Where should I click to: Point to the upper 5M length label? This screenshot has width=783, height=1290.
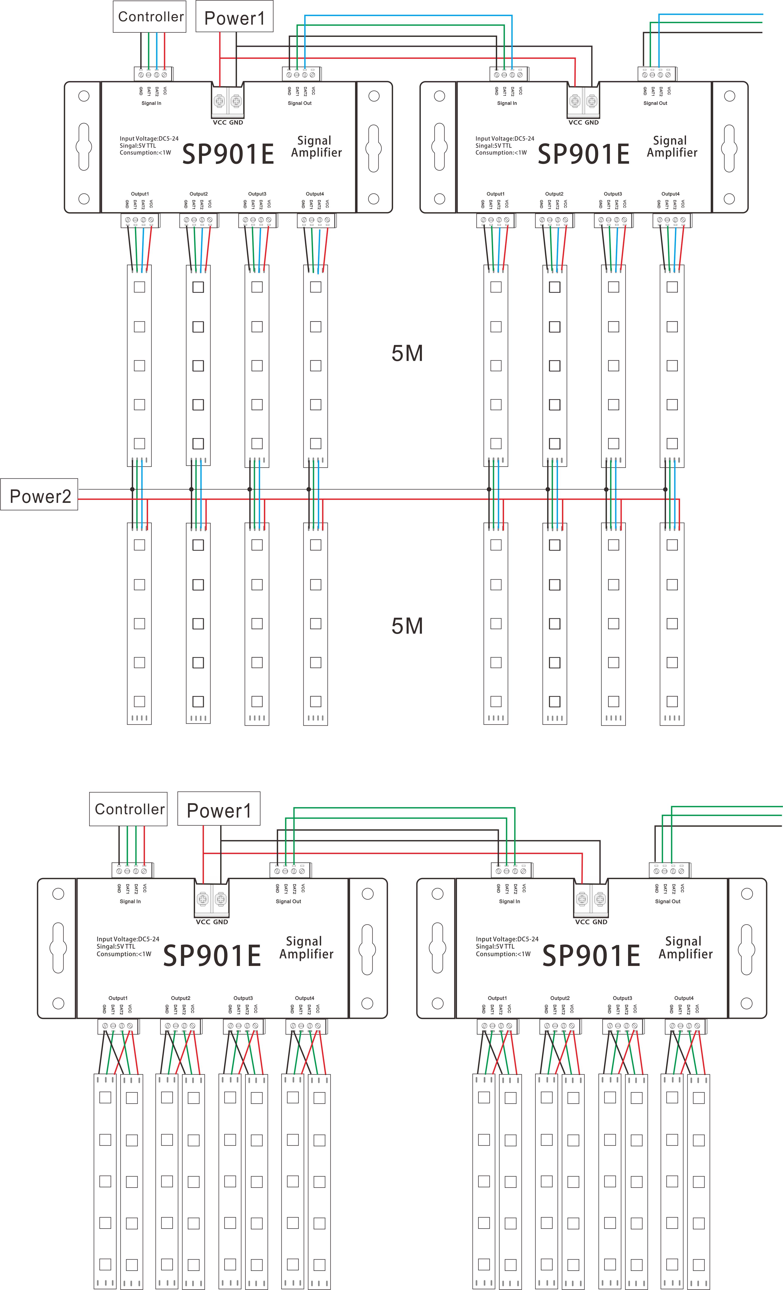[407, 353]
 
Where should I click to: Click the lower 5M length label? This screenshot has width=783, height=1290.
[407, 626]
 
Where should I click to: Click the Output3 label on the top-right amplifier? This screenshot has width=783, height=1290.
[613, 194]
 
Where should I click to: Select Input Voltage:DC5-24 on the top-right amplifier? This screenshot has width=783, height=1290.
[505, 139]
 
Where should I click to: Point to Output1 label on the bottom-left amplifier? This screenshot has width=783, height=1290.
[118, 998]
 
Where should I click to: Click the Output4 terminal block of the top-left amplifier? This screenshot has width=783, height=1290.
[316, 220]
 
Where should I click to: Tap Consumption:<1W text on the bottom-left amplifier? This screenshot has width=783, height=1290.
[124, 954]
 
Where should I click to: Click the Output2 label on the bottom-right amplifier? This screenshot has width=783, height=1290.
[560, 998]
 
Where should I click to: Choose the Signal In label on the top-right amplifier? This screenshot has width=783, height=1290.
[507, 103]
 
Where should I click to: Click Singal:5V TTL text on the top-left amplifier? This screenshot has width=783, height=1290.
[138, 145]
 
